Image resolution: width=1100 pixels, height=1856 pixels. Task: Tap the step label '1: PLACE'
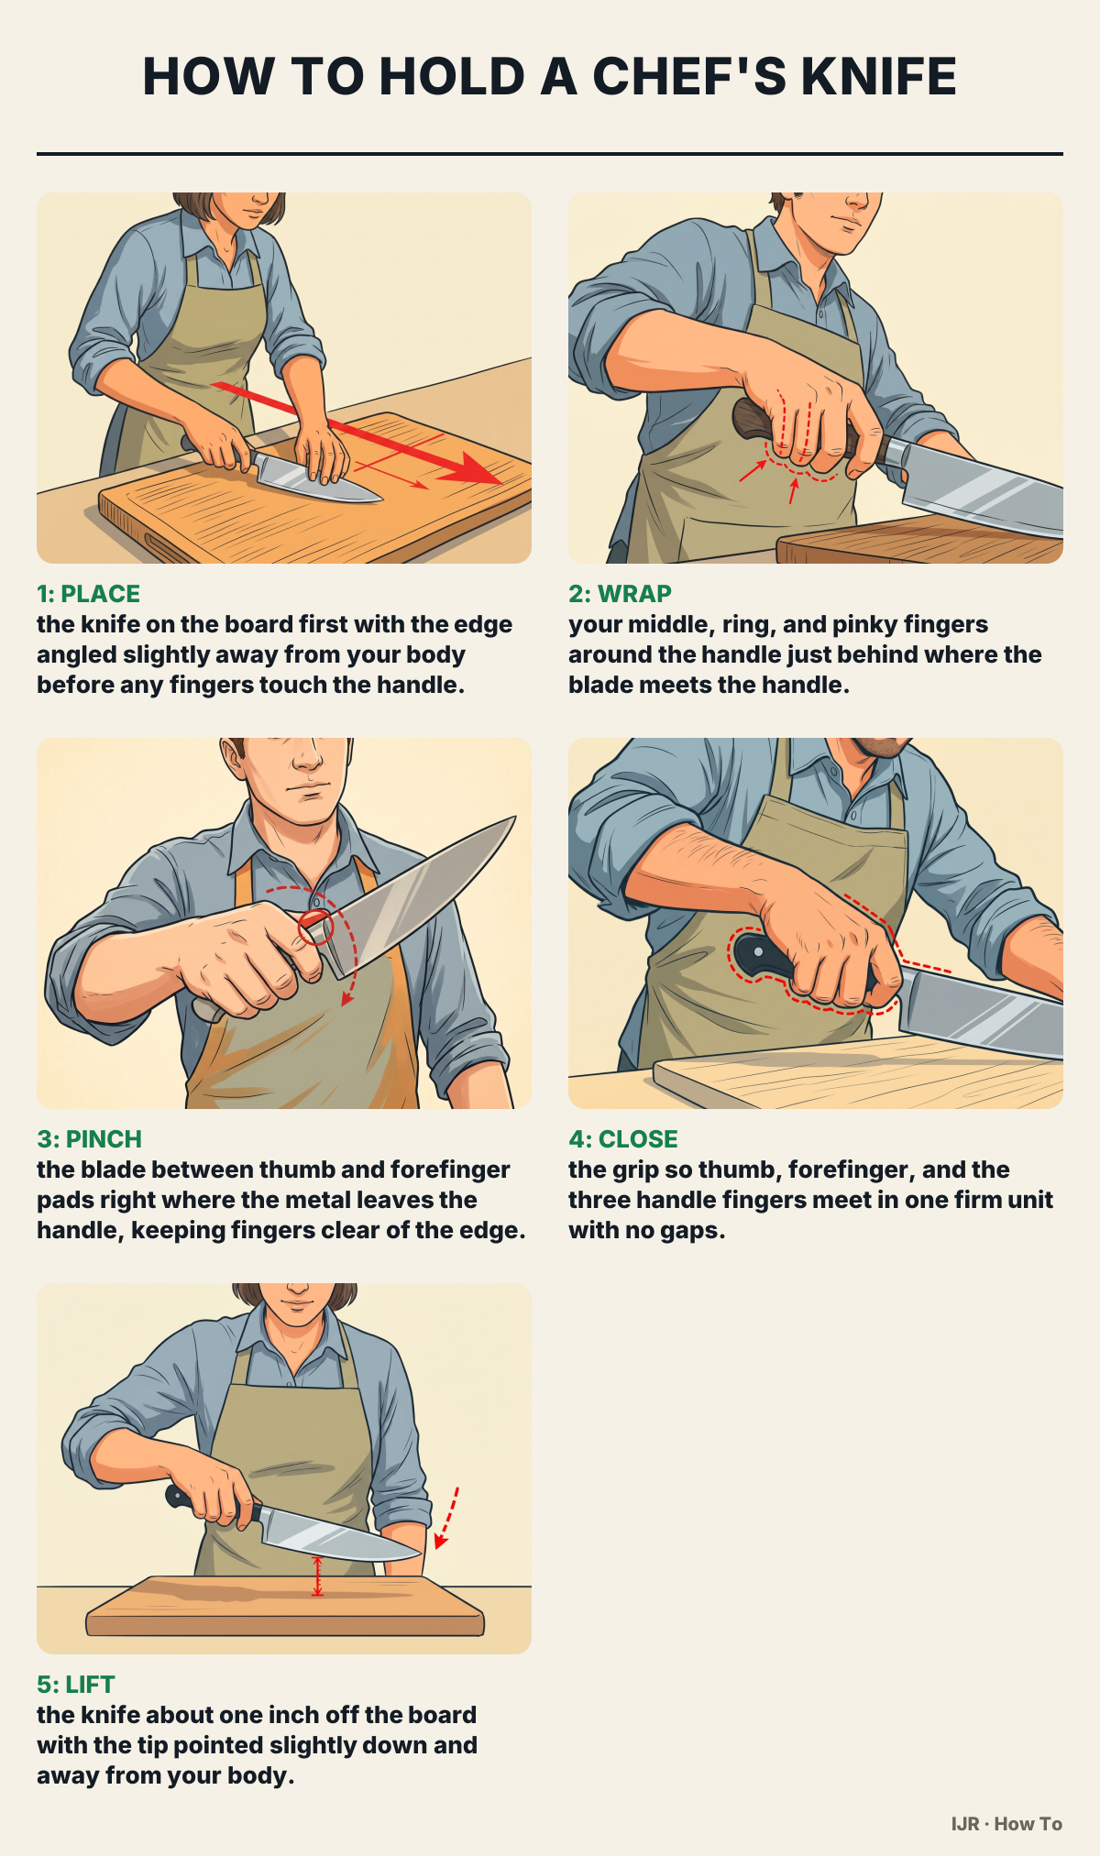88,594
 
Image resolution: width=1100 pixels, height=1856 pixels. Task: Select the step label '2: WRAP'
620,594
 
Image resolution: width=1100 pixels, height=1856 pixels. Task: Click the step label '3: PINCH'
89,1139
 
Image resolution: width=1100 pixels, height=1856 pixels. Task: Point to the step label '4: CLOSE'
623,1139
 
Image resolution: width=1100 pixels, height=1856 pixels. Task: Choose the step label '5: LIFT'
76,1685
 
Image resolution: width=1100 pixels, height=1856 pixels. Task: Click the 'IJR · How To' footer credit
1006,1824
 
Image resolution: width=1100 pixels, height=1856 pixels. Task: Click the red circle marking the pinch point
315,927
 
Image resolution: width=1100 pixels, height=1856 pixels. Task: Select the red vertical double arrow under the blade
317,1576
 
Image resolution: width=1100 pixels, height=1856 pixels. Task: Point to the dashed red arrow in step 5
446,1518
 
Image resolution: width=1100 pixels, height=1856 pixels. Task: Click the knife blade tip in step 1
379,500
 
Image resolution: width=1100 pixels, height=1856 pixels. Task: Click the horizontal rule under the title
550,154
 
